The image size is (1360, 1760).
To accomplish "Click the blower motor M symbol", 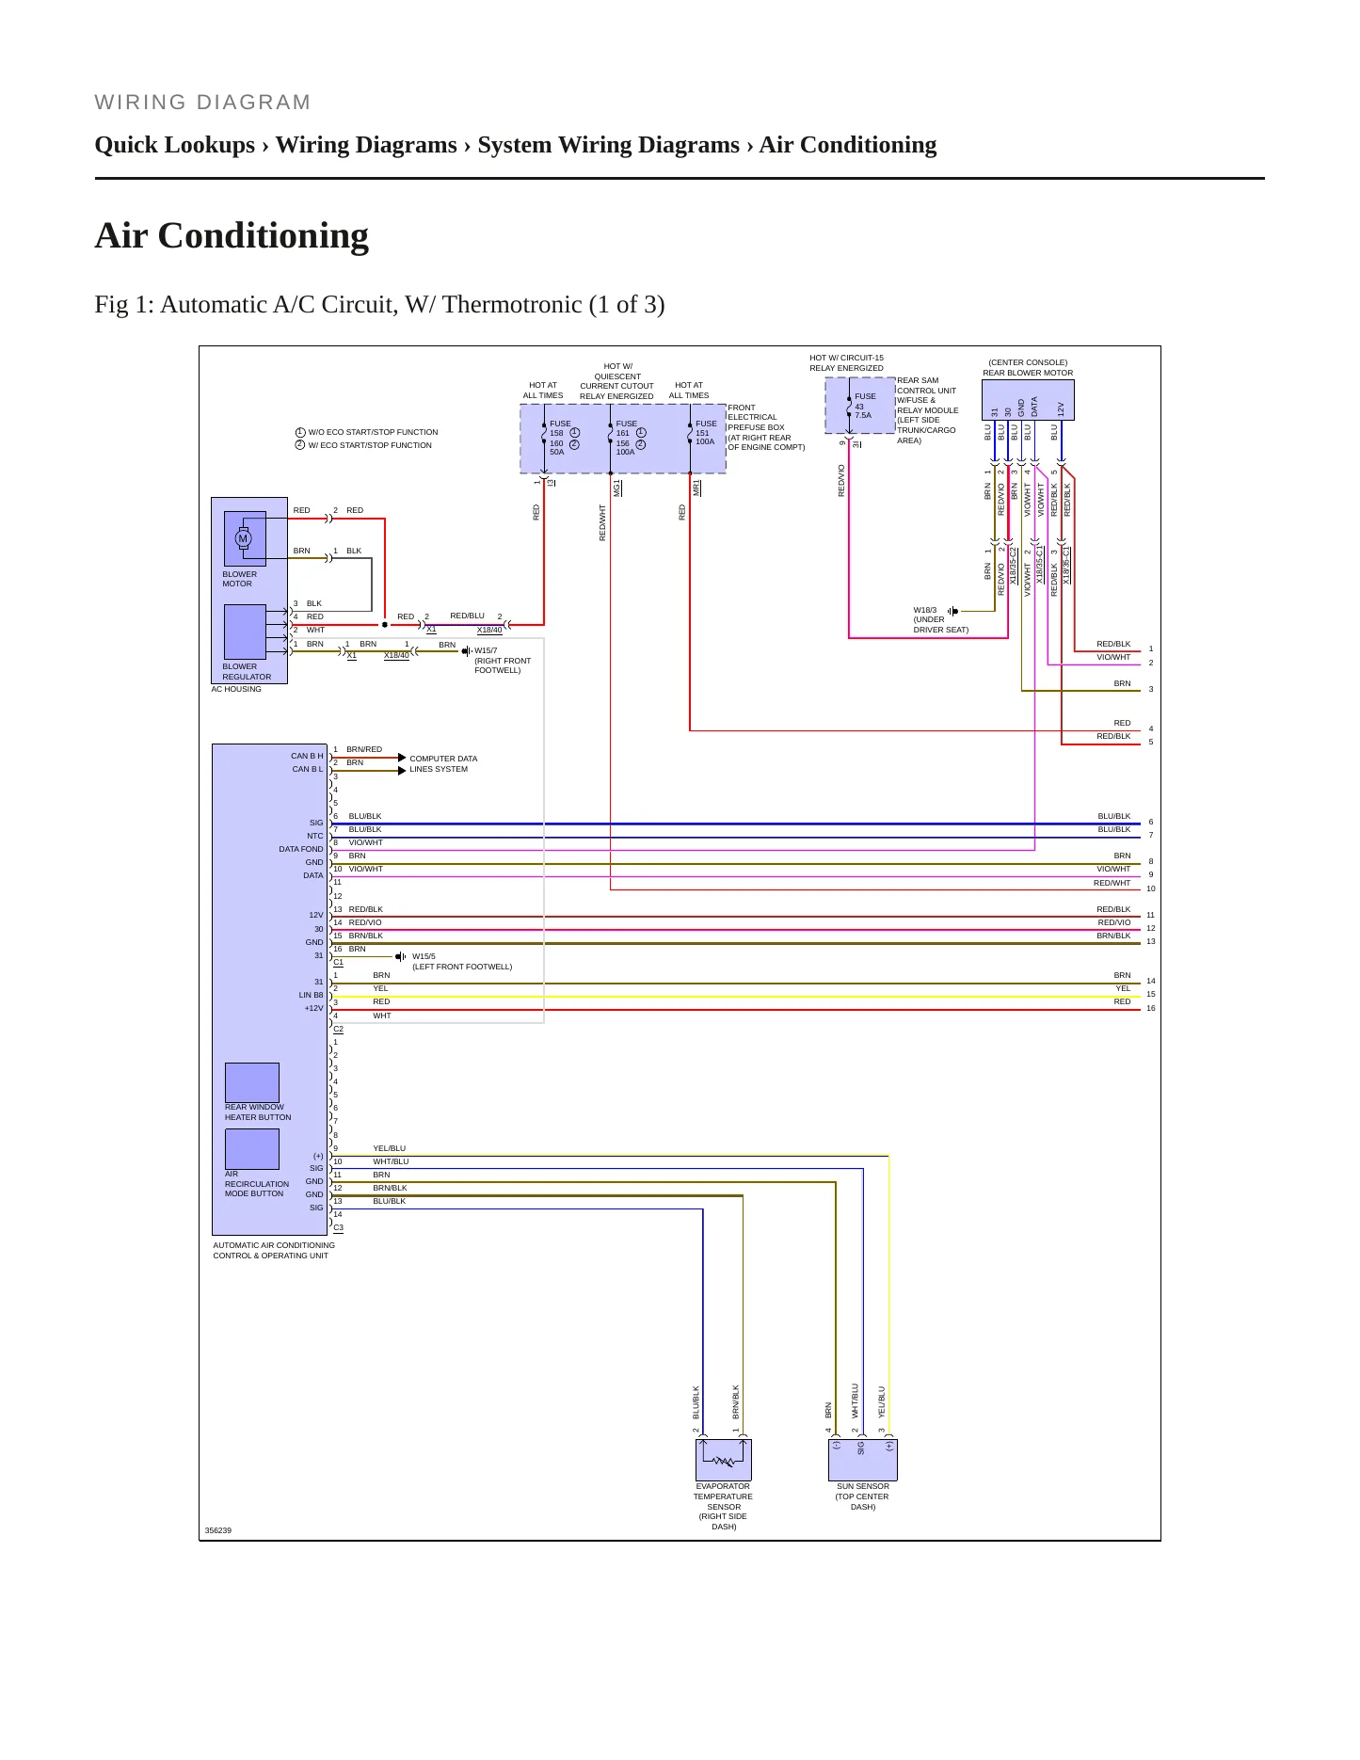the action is click(243, 538).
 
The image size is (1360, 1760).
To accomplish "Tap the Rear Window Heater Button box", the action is click(252, 1082).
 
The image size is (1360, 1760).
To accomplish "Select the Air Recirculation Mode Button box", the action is click(252, 1148).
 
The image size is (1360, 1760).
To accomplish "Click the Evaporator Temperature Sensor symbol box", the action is click(724, 1460).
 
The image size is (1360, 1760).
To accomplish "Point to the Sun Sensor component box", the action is click(863, 1460).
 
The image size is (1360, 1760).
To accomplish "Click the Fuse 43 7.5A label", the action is click(865, 406).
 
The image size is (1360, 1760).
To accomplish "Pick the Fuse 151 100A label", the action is click(706, 432).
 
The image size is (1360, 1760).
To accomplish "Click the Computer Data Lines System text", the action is click(443, 763).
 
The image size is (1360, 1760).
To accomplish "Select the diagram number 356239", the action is click(218, 1530).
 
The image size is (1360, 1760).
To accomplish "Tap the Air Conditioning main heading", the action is click(232, 236).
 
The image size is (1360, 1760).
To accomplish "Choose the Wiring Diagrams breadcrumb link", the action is click(366, 145).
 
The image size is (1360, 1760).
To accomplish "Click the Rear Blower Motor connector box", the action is click(1028, 400).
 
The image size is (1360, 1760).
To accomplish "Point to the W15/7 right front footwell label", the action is click(503, 661).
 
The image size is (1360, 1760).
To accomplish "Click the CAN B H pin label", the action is click(307, 756).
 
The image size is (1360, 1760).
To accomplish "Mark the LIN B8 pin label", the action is click(311, 995).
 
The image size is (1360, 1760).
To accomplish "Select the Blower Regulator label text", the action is click(247, 672).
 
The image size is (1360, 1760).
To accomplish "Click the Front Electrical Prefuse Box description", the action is click(766, 427).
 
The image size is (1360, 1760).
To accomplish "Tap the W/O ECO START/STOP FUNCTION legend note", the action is click(367, 432).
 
